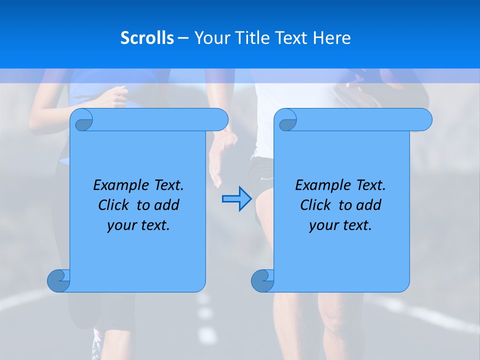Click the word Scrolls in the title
click(147, 38)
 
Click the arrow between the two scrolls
click(237, 198)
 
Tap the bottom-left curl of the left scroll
click(58, 281)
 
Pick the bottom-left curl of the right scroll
click(262, 281)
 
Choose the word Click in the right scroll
click(315, 205)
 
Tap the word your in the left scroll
click(122, 225)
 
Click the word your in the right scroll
click(324, 225)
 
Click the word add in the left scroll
click(167, 205)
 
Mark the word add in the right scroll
click(369, 205)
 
